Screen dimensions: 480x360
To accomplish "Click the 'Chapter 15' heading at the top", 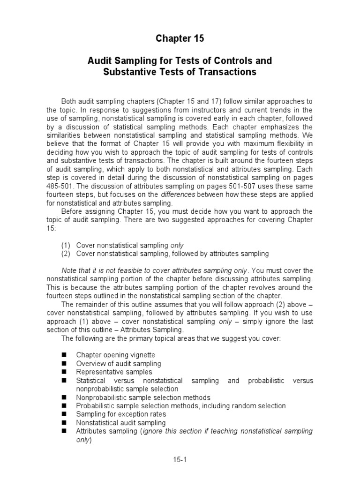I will click(180, 39).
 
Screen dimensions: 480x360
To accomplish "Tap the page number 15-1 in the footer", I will click(180, 461).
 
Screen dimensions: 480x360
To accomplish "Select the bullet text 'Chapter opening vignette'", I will click(115, 355).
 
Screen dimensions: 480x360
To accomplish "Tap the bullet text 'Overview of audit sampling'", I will click(119, 363).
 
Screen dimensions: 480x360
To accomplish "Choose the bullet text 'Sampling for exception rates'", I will click(121, 414).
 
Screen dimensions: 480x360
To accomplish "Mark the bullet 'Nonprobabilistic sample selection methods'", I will click(143, 397).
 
